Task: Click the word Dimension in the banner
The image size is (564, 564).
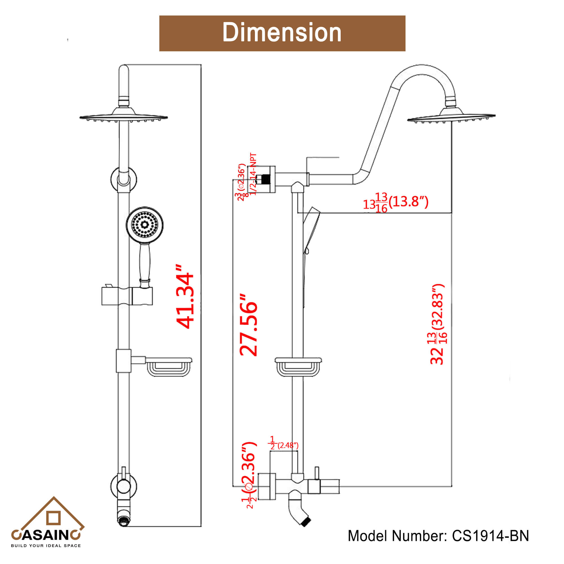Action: (282, 33)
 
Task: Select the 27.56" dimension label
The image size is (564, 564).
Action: (248, 325)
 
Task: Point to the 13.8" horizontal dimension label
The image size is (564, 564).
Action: (396, 202)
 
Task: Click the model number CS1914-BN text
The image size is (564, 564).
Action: (438, 536)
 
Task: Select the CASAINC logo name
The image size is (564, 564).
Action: (46, 535)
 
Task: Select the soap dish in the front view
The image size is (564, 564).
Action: (168, 367)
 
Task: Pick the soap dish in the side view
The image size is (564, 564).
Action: (298, 367)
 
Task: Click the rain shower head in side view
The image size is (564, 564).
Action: (451, 117)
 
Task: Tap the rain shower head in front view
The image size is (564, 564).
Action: (124, 117)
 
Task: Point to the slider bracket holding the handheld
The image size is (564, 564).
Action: (127, 296)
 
